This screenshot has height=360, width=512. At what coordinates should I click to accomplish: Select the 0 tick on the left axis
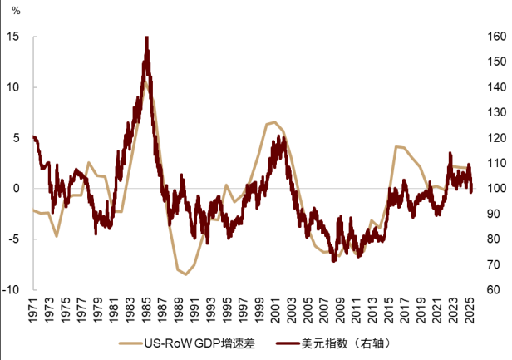[19, 188]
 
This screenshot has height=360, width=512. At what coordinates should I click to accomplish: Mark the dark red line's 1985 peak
[146, 38]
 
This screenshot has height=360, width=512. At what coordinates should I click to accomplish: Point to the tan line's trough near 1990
[185, 274]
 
